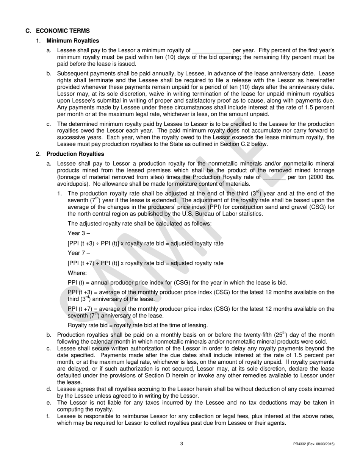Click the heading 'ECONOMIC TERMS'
pyautogui.click(x=63, y=31)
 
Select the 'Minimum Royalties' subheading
pyautogui.click(x=73, y=41)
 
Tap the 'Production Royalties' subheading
pyautogui.click(x=75, y=154)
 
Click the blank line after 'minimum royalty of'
pyautogui.click(x=211, y=50)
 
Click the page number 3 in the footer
pyautogui.click(x=182, y=444)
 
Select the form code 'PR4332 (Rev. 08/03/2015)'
pyautogui.click(x=314, y=444)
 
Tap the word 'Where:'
pyautogui.click(x=77, y=273)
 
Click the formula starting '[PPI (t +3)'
pyautogui.click(x=146, y=243)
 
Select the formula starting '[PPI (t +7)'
pyautogui.click(x=146, y=263)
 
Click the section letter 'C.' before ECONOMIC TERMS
pyautogui.click(x=28, y=31)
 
